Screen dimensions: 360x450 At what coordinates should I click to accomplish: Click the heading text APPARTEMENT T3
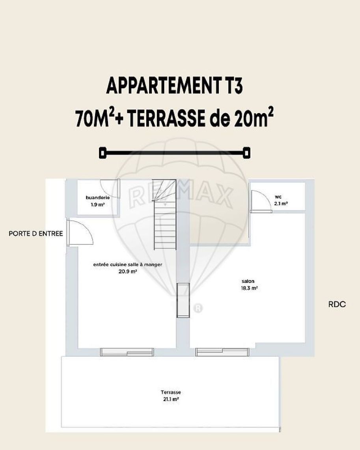coord(175,86)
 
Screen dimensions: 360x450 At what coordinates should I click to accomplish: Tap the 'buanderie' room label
coord(98,198)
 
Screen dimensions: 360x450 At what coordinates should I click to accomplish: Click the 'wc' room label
coord(278,197)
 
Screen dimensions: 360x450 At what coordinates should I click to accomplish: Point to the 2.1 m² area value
coord(281,203)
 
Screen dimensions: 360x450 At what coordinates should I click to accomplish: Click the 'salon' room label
coord(248,281)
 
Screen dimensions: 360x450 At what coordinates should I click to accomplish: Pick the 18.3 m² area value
coord(249,288)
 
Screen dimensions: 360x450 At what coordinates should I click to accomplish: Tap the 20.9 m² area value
coord(127,271)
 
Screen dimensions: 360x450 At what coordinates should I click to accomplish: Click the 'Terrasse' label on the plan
coord(171,392)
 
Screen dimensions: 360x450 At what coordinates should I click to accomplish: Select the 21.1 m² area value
coord(171,399)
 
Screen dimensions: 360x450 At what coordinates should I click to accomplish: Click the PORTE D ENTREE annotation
coord(36,234)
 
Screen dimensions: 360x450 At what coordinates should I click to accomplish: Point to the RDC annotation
coord(337,304)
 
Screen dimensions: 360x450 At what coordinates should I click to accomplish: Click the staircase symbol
coord(165,214)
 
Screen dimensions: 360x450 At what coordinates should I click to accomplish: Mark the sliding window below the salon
coord(222,352)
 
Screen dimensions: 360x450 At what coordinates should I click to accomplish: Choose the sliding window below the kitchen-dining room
coord(127,352)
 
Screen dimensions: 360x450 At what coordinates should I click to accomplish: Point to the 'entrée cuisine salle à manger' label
coord(128,265)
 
